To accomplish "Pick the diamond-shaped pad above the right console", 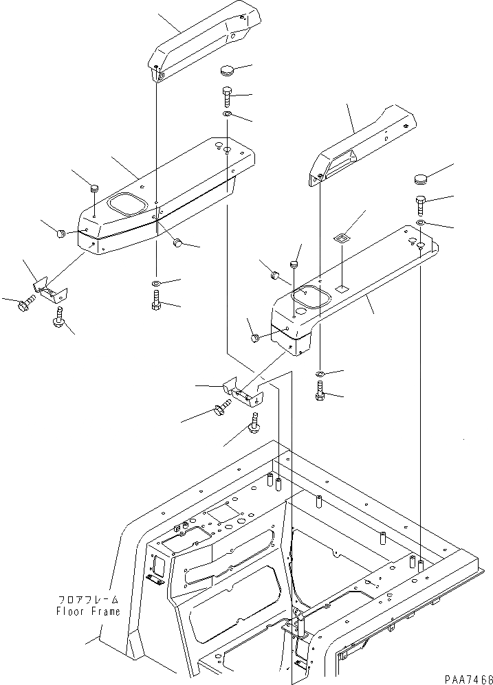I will tap(341, 238).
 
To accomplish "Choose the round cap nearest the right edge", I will tap(422, 180).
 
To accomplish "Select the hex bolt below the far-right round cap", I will tap(420, 204).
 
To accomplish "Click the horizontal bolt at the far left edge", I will tap(26, 302).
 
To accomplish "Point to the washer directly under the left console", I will tap(155, 284).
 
